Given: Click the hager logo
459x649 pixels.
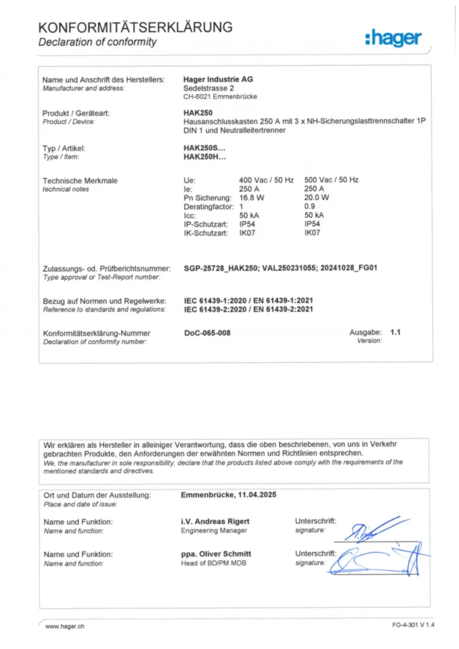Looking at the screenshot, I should coord(393,39).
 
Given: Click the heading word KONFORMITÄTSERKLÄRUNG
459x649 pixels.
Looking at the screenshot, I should coord(135,27).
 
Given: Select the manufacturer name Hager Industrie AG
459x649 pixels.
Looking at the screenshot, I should coord(217,79).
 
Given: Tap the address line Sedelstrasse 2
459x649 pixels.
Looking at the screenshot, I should coord(209,88).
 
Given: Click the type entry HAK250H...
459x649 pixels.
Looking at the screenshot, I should coord(204,157).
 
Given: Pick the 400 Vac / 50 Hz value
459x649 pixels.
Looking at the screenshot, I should coord(266,180).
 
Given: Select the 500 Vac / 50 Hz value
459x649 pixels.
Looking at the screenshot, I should coord(331,180).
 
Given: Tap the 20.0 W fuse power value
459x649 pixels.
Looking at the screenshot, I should coord(317,198).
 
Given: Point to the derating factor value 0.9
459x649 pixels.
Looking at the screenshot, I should coord(309,207).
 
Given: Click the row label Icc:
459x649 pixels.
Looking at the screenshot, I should coord(190,215).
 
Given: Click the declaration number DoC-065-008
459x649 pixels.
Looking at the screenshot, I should coord(207,333).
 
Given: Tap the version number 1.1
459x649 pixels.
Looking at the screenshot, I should coord(396,332).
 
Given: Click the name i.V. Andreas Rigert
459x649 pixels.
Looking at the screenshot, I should coord(216,522).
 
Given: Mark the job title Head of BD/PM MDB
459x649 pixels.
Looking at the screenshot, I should coord(214,563).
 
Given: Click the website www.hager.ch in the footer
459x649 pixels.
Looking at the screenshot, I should coord(65,626).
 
